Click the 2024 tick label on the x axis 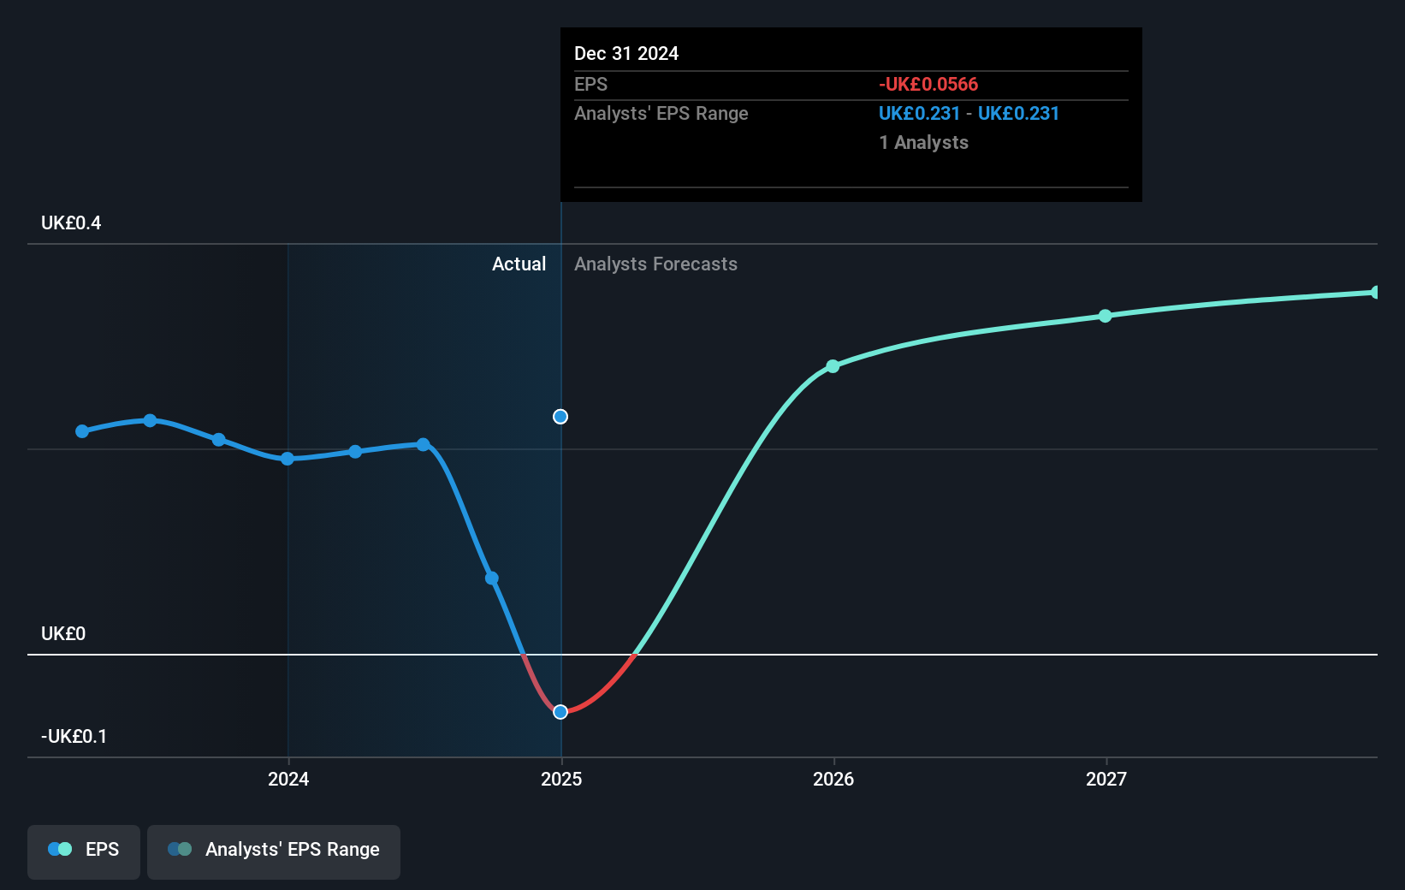tap(288, 779)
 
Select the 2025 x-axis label tap(561, 779)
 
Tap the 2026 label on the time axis tap(833, 779)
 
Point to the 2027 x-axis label tap(1106, 779)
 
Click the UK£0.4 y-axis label tap(71, 223)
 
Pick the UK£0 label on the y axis tap(63, 634)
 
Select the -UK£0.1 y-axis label tap(74, 737)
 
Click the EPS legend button tap(84, 850)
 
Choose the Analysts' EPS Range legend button tap(274, 850)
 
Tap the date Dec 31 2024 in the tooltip tap(626, 54)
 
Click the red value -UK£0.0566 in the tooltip tap(928, 85)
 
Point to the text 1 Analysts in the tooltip tap(923, 143)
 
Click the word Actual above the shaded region tap(519, 264)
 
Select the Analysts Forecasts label tap(655, 264)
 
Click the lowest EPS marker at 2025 tap(560, 712)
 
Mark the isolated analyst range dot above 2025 tap(560, 417)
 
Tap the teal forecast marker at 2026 tap(833, 366)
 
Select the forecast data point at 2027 tap(1105, 316)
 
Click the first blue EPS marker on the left tap(82, 431)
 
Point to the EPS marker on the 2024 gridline tap(288, 459)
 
